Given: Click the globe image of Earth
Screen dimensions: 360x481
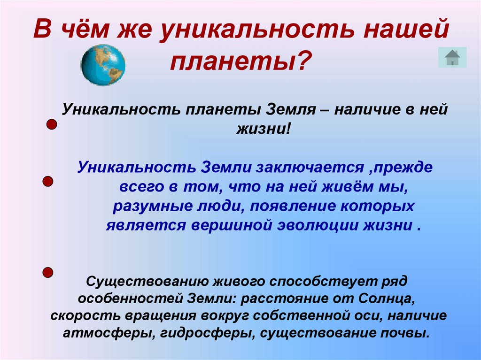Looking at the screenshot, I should (103, 65).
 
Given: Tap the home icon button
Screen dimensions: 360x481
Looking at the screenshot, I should (452, 57).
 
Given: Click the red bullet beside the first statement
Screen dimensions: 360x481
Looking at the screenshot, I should (52, 125).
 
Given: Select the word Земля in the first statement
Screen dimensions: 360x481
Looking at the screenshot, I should (290, 110).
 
